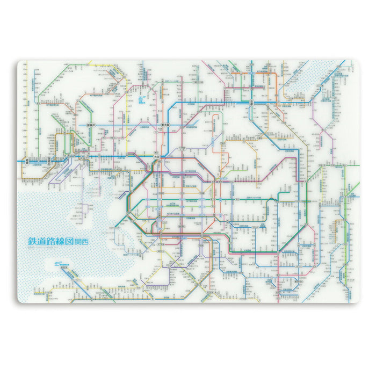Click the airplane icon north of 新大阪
[141, 100]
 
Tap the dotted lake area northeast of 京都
[301, 81]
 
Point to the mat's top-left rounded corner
[20, 63]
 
